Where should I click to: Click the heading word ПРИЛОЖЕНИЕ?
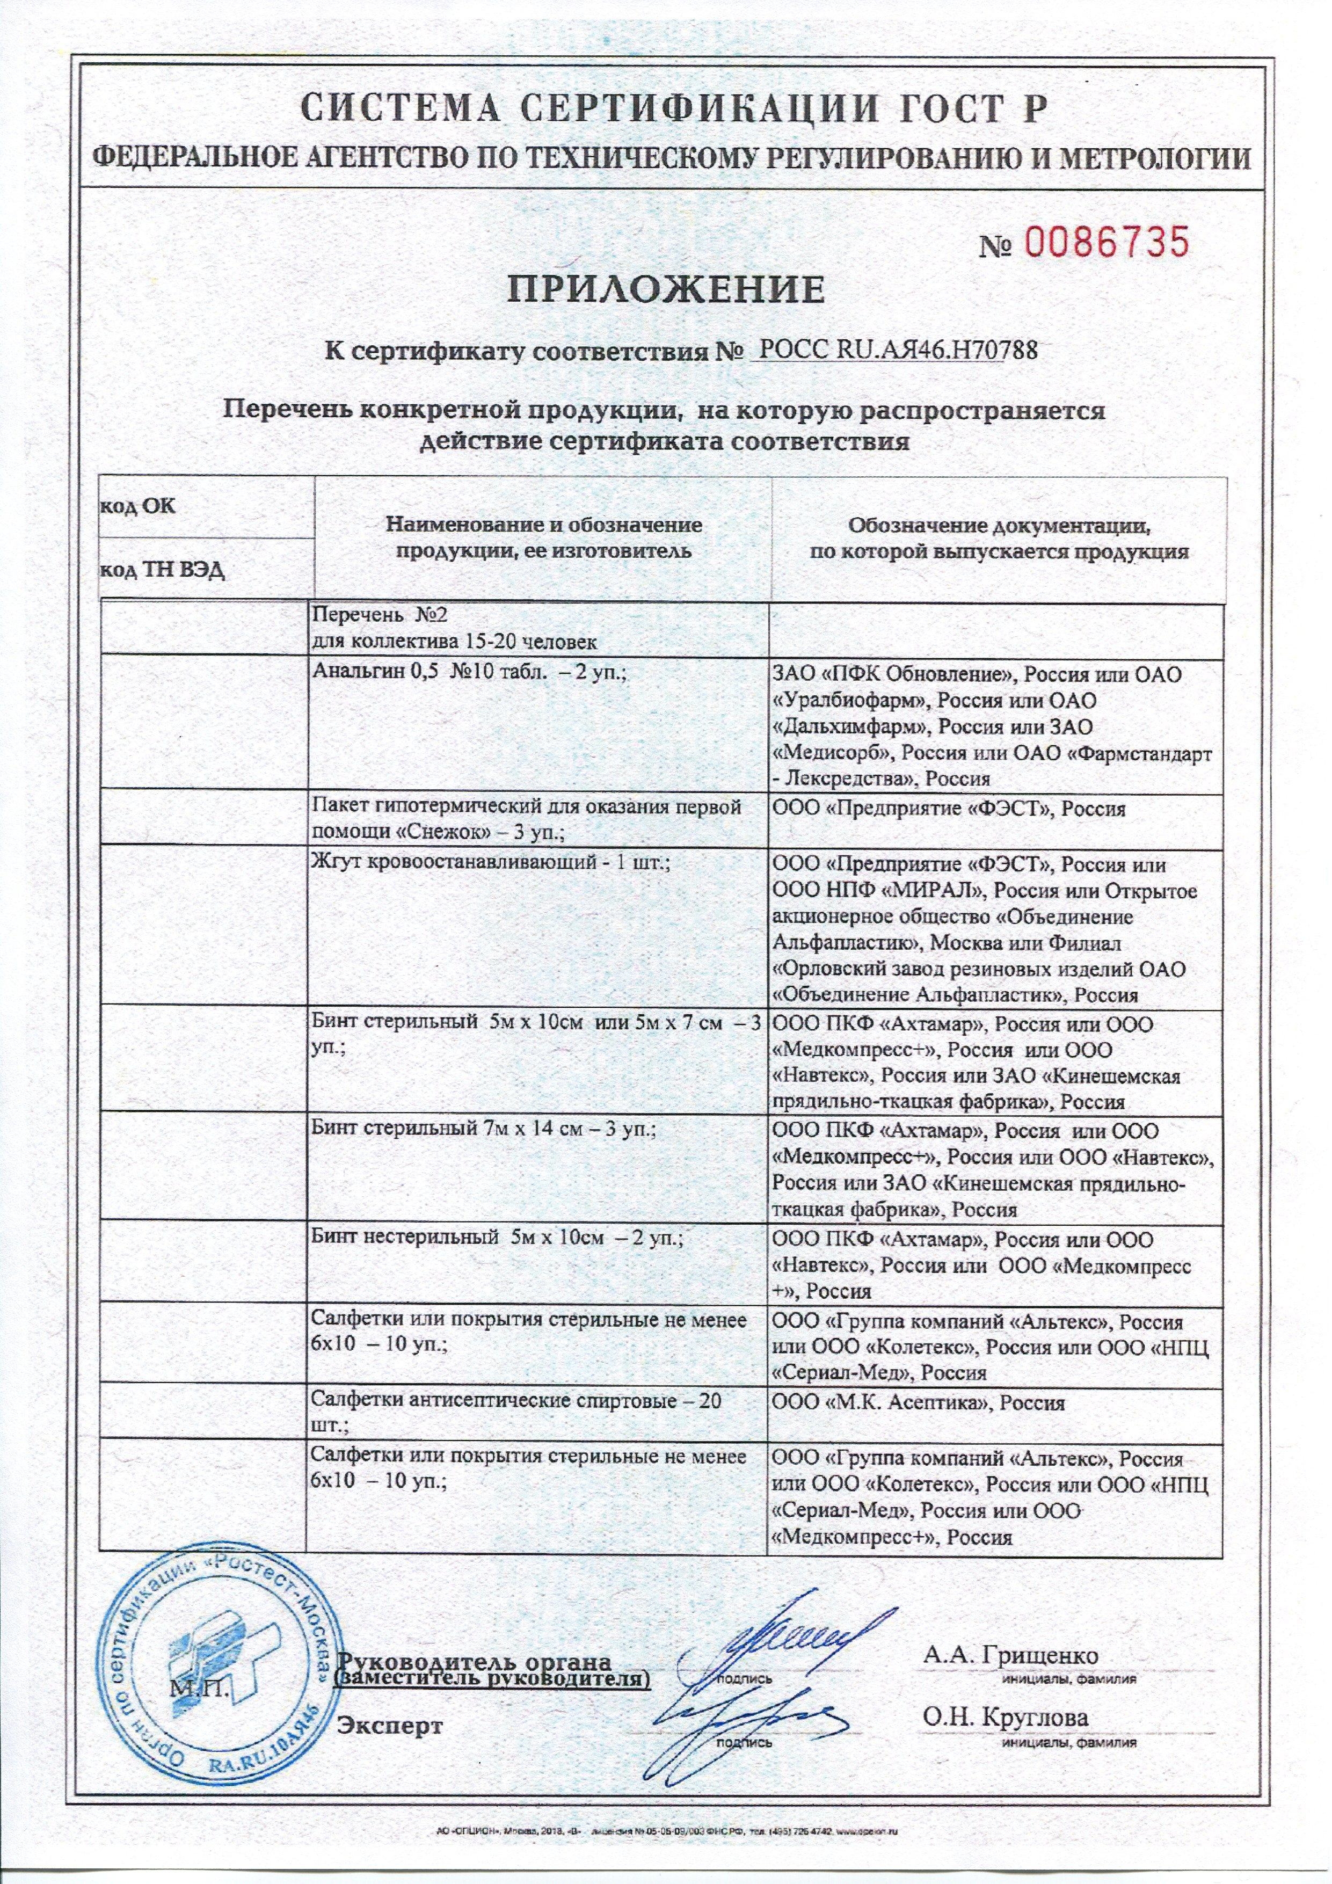[666, 289]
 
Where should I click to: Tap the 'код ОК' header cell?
[138, 505]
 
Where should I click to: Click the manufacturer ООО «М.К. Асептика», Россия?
[919, 1402]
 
